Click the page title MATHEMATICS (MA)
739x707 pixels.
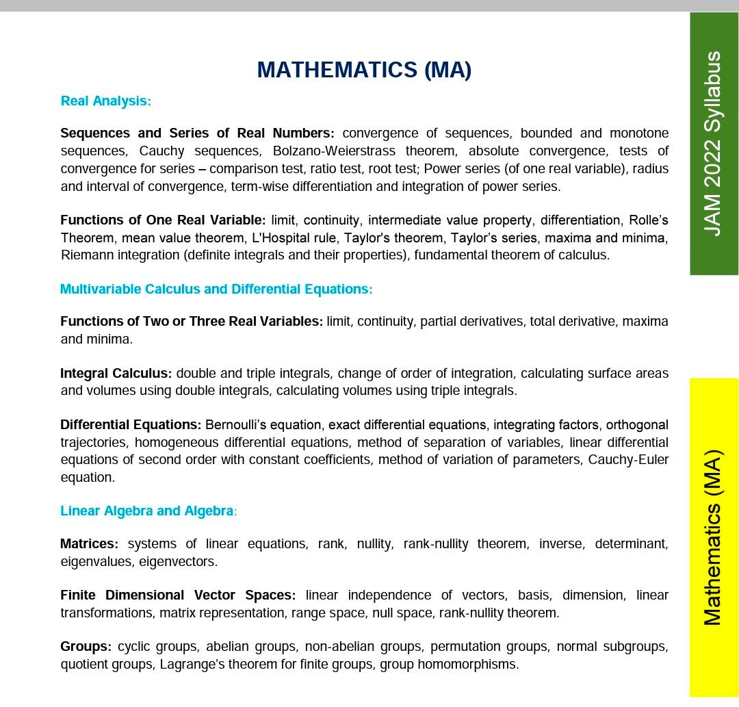pyautogui.click(x=364, y=70)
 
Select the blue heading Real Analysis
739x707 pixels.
pyautogui.click(x=105, y=101)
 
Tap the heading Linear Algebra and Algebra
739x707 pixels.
pyautogui.click(x=148, y=511)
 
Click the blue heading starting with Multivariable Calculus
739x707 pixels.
pyautogui.click(x=216, y=290)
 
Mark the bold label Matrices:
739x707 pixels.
pyautogui.click(x=89, y=544)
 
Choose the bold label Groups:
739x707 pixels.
pyautogui.click(x=86, y=647)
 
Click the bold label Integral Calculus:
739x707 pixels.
pyautogui.click(x=116, y=374)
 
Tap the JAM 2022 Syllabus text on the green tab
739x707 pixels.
pyautogui.click(x=714, y=143)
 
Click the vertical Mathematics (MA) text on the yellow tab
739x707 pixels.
pyautogui.click(x=714, y=537)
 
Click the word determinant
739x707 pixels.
pyautogui.click(x=631, y=544)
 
